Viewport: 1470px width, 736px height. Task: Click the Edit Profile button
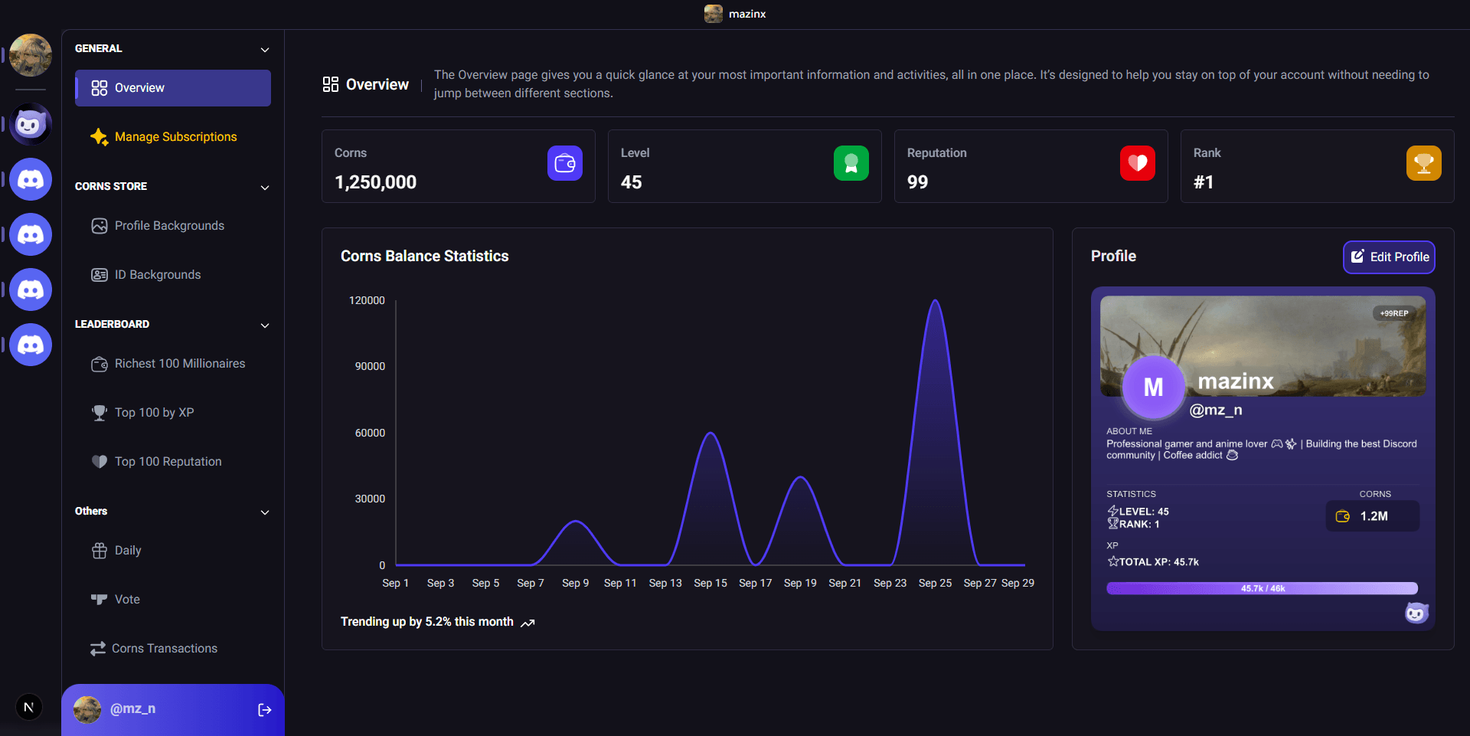point(1389,257)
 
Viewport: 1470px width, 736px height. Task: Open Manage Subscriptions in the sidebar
point(175,137)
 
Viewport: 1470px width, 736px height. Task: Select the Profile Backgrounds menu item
point(168,226)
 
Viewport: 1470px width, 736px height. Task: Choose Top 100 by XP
point(153,413)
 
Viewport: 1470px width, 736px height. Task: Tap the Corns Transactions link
point(164,649)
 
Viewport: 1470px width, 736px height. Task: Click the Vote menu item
point(126,600)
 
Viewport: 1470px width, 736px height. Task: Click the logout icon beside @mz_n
point(265,710)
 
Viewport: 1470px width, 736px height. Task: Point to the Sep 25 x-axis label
point(935,584)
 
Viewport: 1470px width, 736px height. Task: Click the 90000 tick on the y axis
point(370,367)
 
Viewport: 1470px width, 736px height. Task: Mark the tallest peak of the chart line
point(935,301)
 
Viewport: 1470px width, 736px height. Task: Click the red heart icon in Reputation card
point(1137,163)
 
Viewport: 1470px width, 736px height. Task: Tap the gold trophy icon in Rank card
point(1423,163)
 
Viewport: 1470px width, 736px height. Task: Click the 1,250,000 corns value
point(375,182)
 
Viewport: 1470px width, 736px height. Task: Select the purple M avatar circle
point(1153,388)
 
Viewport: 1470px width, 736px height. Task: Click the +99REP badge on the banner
point(1394,313)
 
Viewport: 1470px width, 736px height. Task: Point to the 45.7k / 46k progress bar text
point(1263,589)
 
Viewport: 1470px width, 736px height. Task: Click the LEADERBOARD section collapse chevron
point(265,325)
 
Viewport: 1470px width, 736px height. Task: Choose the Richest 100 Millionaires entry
point(179,364)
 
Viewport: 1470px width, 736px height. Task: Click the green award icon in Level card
point(851,163)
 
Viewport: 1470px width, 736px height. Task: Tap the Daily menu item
point(127,551)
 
